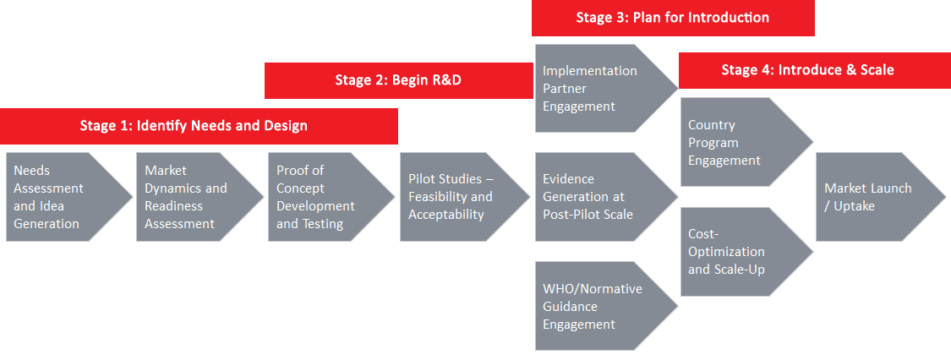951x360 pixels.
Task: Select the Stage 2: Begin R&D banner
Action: [397, 80]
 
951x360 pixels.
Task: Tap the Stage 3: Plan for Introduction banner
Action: [673, 18]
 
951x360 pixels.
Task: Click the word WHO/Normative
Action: [592, 289]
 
